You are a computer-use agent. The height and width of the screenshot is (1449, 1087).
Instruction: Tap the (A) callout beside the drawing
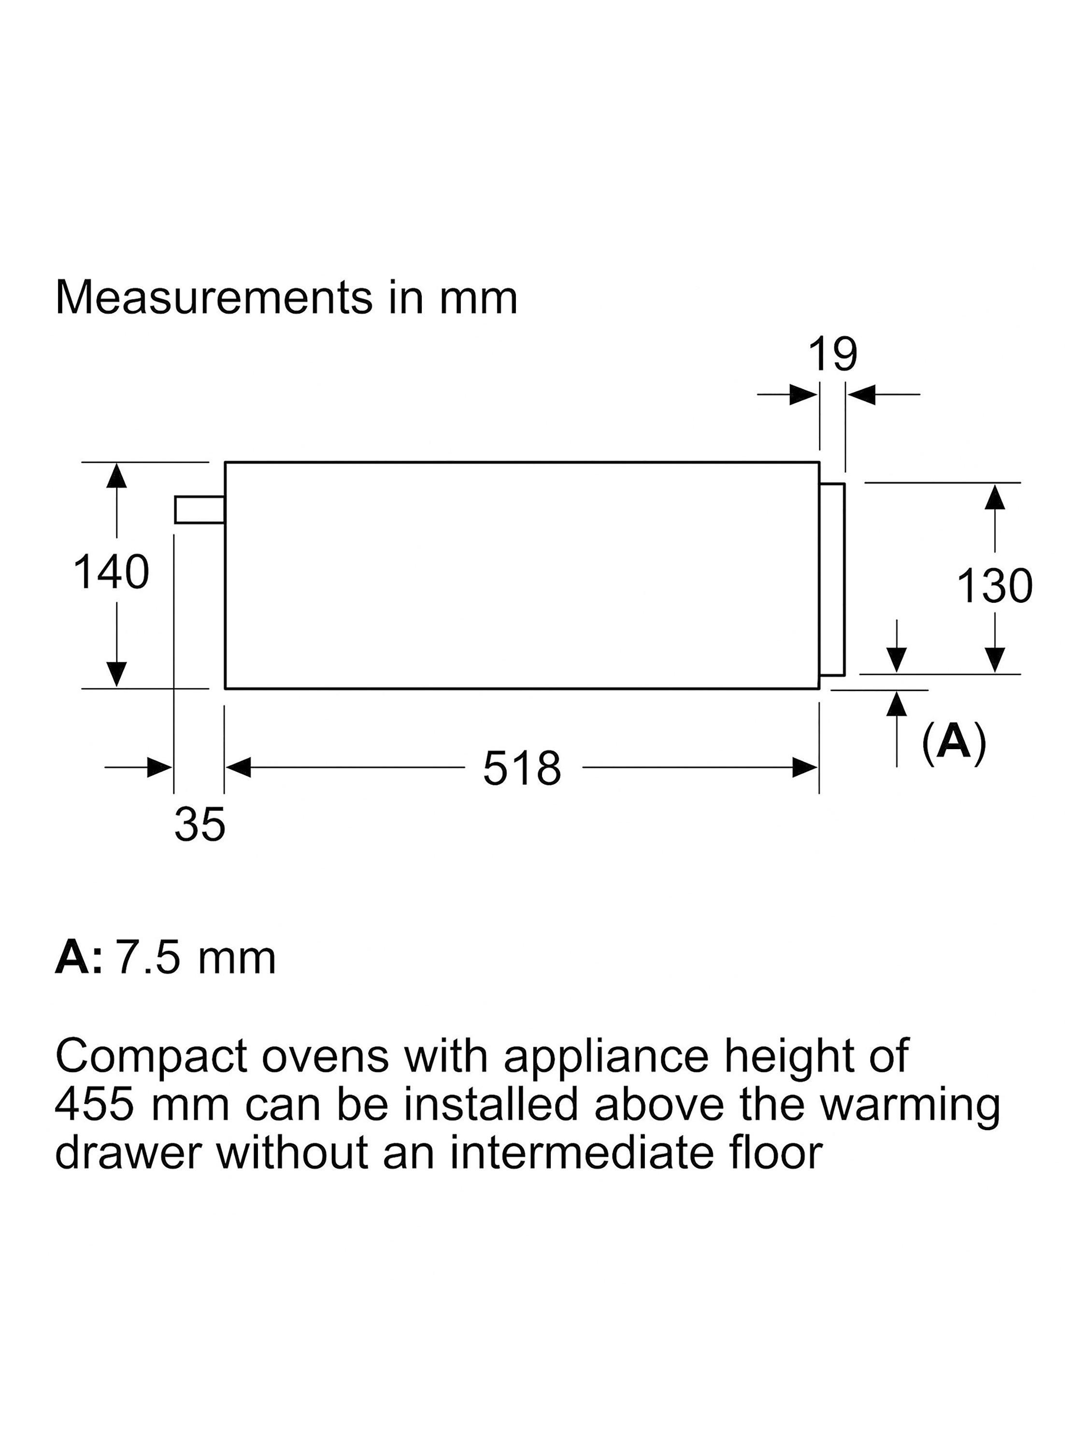(953, 742)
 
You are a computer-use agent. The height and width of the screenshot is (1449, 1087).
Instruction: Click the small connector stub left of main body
(200, 511)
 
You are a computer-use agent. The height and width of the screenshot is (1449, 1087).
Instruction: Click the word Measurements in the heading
(213, 298)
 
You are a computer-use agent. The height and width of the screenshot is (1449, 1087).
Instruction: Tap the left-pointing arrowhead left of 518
(239, 767)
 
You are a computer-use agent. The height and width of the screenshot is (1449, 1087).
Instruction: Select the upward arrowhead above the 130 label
(995, 497)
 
